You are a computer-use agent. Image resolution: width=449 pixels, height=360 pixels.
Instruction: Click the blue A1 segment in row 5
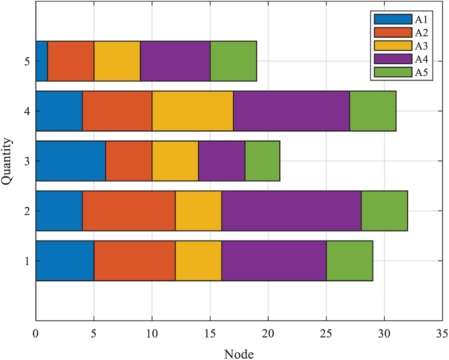click(42, 61)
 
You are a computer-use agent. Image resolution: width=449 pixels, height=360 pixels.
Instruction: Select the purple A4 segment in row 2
click(292, 211)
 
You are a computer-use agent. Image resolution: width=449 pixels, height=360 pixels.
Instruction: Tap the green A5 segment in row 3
click(262, 161)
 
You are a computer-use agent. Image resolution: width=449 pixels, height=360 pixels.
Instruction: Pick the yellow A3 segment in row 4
click(193, 111)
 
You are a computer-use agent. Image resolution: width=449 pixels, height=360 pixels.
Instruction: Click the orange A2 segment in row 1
click(135, 261)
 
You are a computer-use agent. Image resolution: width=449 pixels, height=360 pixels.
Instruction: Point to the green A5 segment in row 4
click(373, 111)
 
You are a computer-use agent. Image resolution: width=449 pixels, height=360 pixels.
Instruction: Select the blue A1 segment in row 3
click(70, 161)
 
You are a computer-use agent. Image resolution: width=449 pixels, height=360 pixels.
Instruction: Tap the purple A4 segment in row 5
click(175, 61)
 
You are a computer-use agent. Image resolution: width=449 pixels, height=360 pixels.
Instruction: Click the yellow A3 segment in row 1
click(198, 261)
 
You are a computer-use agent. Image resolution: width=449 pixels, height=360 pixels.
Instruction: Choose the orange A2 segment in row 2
click(129, 211)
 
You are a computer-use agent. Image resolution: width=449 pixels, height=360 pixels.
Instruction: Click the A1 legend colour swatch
click(393, 19)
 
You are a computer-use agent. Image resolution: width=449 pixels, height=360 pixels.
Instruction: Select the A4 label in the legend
click(421, 59)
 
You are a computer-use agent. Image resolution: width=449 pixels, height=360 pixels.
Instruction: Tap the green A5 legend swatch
click(393, 72)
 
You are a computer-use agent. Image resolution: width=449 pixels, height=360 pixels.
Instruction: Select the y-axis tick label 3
click(28, 161)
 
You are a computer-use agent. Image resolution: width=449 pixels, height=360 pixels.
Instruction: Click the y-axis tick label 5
click(28, 61)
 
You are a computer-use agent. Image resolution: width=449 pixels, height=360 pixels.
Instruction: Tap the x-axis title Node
click(239, 354)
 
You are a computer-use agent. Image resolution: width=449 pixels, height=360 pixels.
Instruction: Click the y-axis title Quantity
click(7, 161)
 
